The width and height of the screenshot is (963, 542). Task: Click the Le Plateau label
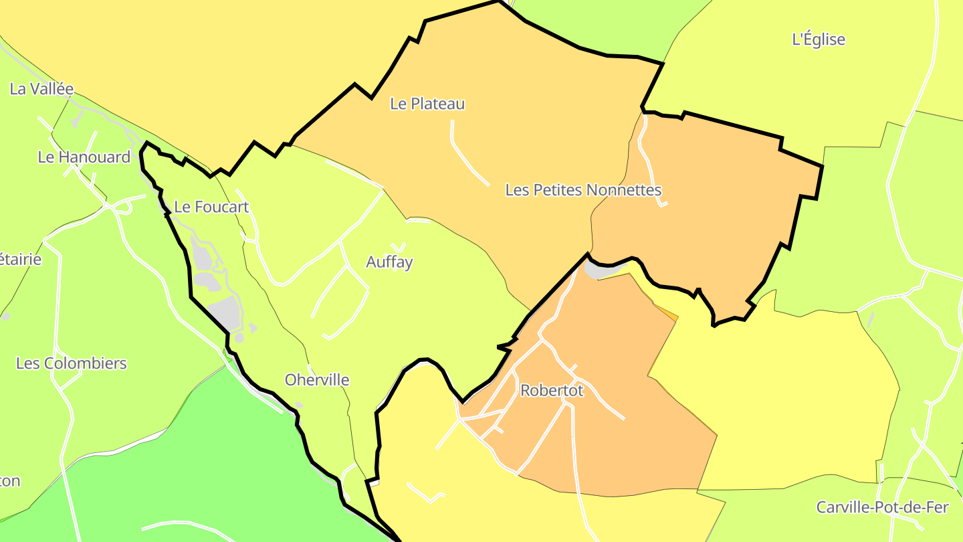tap(427, 104)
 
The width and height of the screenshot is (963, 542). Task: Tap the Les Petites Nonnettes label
tap(583, 190)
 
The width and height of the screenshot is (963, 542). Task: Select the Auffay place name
tap(389, 262)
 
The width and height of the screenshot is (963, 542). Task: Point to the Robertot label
tap(552, 390)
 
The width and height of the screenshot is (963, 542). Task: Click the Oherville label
tap(317, 380)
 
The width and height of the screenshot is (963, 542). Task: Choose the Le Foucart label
tap(211, 207)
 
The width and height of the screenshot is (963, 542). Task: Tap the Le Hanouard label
tap(84, 157)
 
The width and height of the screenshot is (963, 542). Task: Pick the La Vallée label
tap(41, 89)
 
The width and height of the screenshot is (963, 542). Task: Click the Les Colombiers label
tap(72, 363)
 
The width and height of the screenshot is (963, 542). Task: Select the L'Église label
tap(819, 39)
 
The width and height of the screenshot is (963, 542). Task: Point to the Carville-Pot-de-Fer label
tap(882, 507)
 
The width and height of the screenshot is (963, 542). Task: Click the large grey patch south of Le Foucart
tap(225, 312)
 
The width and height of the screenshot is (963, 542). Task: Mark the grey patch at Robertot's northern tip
tap(599, 270)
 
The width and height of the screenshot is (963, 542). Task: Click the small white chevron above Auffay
tap(398, 246)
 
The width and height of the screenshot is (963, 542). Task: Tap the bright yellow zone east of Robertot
tap(789, 401)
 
